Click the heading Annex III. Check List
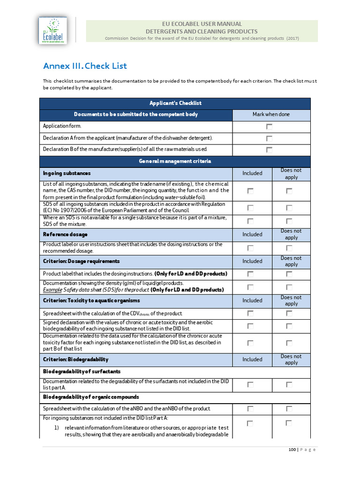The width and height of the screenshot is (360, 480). (85, 66)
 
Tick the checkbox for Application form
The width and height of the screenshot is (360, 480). (269, 127)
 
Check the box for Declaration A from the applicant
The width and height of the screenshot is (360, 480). (269, 138)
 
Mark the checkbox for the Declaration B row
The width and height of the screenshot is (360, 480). (269, 150)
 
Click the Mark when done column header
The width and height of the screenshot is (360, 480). (271, 114)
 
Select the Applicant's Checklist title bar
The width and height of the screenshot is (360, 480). (175, 103)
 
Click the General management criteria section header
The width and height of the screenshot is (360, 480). (175, 161)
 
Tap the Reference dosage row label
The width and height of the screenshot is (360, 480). (65, 234)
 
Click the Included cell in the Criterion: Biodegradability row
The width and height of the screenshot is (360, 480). (252, 360)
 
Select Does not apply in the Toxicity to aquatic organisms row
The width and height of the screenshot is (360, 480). (291, 300)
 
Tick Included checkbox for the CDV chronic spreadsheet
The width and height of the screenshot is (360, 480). (250, 313)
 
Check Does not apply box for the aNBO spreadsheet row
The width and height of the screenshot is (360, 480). (289, 409)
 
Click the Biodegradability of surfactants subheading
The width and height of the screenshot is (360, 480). (82, 372)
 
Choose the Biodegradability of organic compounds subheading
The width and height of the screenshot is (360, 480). (91, 397)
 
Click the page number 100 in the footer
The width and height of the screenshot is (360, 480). (292, 450)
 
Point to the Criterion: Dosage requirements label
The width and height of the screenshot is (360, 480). (82, 261)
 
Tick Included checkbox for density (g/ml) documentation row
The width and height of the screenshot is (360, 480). (250, 286)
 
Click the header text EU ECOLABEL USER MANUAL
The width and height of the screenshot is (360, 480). (202, 24)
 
